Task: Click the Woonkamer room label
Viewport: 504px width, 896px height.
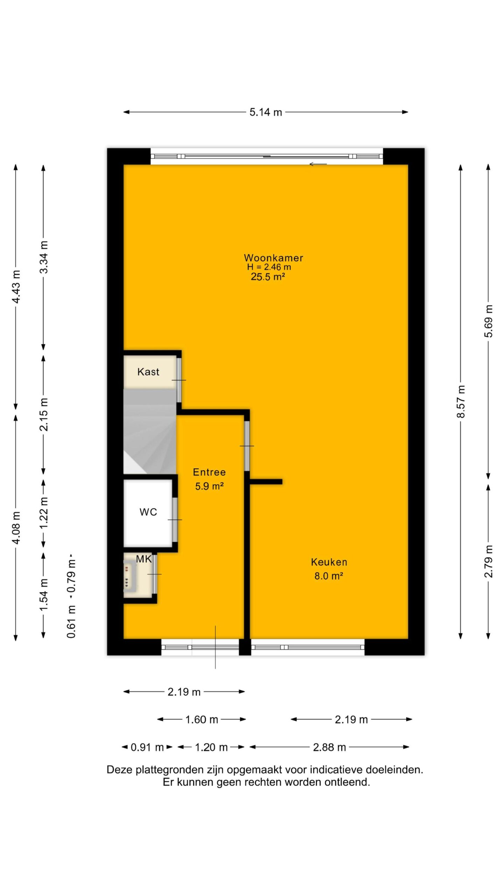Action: [x=273, y=258]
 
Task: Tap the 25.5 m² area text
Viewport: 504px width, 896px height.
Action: [x=268, y=277]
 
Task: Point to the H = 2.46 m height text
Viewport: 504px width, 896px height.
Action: [x=269, y=267]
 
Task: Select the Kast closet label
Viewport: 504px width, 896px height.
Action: [x=148, y=372]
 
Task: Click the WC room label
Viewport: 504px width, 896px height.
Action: [x=148, y=512]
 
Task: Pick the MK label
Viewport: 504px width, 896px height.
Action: [x=143, y=559]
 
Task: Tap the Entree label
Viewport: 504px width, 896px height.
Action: [x=209, y=472]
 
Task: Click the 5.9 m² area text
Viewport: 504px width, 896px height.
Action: [x=209, y=486]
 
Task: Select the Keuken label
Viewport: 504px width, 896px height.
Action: [x=329, y=562]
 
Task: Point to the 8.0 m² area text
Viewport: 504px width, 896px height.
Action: [x=329, y=576]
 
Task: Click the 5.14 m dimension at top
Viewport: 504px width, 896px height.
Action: [x=266, y=112]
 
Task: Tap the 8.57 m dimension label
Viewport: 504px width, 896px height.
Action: [x=461, y=401]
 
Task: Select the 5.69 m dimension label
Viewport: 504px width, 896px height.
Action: [x=489, y=321]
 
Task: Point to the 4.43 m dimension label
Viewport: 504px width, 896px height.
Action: [x=16, y=287]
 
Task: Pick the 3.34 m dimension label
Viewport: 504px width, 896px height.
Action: [x=44, y=257]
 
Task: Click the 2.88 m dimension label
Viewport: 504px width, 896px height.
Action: [x=329, y=747]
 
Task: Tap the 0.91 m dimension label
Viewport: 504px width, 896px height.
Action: [x=147, y=747]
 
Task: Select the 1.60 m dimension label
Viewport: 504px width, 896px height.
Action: [x=202, y=719]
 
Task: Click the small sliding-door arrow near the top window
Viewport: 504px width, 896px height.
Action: [x=318, y=164]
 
